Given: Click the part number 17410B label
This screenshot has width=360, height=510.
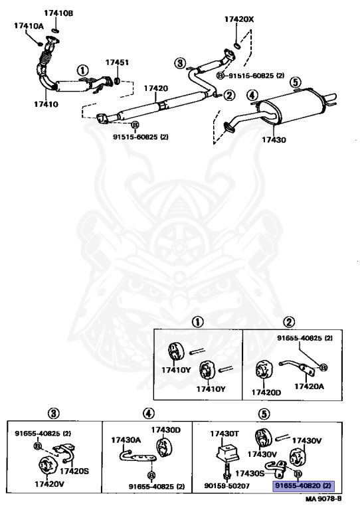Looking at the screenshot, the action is [x=58, y=13].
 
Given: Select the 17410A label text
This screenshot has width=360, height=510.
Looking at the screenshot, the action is [x=29, y=26].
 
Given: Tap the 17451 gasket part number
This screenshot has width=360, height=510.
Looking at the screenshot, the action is [x=117, y=62].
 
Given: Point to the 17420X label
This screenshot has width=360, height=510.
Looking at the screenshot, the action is [x=239, y=19].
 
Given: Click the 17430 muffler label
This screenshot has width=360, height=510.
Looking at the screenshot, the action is [x=274, y=140].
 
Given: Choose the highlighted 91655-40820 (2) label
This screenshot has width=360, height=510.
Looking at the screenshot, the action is [x=303, y=486].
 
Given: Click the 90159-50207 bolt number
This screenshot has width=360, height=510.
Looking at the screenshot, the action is [x=227, y=486].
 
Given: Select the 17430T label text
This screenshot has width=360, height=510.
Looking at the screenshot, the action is [x=225, y=434].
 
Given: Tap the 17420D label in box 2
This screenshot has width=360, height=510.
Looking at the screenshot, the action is [x=266, y=392].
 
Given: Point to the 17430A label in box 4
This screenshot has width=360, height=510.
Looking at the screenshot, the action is [x=126, y=440].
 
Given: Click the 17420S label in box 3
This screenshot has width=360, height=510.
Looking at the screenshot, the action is [x=74, y=471].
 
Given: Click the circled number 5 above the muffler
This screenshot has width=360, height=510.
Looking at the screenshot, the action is [x=296, y=82].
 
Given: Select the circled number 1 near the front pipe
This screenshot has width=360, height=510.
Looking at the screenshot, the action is [x=82, y=70].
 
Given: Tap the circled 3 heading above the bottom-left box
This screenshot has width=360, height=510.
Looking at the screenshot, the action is [x=53, y=414].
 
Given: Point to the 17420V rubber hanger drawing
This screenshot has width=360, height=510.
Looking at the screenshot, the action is [x=47, y=467].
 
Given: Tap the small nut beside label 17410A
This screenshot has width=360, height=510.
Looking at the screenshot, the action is [x=40, y=43].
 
